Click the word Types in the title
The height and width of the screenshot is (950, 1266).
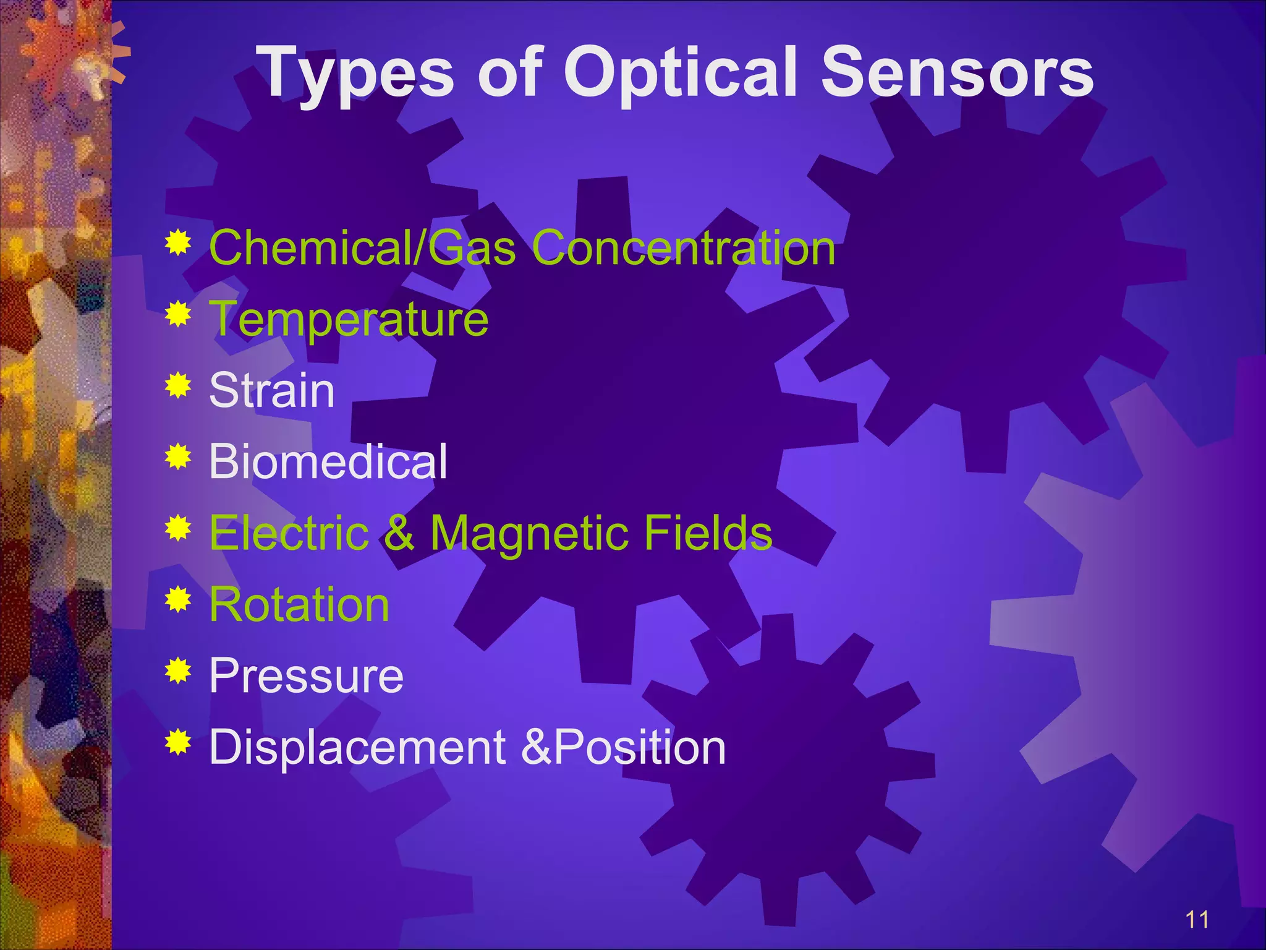[355, 74]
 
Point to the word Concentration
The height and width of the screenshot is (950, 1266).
[683, 247]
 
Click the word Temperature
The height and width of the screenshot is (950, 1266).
[349, 319]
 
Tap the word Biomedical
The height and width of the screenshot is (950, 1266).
[328, 461]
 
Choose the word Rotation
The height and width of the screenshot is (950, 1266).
[299, 604]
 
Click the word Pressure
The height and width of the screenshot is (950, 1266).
[306, 675]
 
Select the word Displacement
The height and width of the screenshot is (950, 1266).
[358, 747]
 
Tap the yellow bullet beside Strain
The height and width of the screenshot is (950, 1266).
[178, 387]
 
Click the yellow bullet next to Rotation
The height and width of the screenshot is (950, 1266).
[178, 599]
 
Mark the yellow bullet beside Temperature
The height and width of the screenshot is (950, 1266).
[178, 314]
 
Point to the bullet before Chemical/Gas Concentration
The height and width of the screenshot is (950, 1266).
[178, 243]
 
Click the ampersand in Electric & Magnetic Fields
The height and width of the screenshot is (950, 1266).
[399, 533]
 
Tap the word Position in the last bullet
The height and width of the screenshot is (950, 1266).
[640, 747]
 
